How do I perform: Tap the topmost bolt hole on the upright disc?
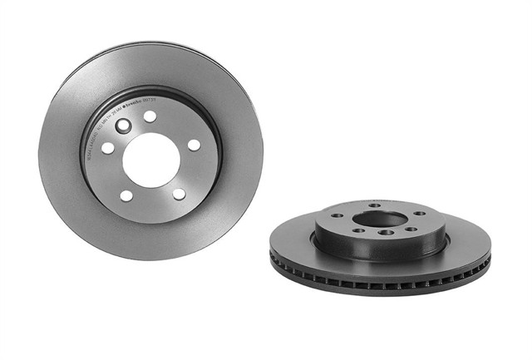pos(150,116)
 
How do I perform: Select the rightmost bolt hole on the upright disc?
pos(194,145)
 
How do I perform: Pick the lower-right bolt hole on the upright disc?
pos(179,193)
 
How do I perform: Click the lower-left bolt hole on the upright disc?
pos(126,195)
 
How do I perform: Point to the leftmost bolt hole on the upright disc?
pos(108,148)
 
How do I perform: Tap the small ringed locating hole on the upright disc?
pos(124,126)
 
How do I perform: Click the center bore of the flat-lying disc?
pos(380,219)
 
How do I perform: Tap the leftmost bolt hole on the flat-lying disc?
pos(338,216)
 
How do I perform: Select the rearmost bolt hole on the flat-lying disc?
pos(373,205)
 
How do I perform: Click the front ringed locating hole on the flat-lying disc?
pos(386,233)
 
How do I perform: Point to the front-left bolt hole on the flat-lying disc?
pos(358,230)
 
